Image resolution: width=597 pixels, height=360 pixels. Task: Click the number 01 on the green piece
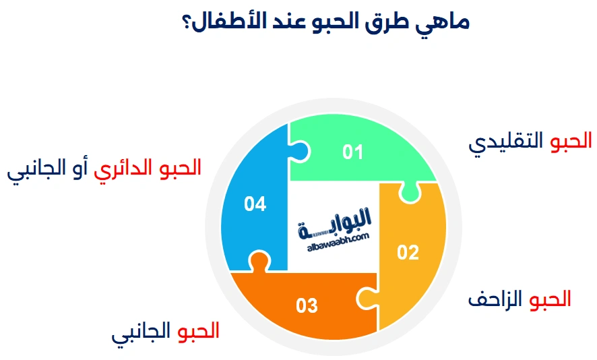352,152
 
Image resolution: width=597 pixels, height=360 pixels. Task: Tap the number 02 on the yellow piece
408,253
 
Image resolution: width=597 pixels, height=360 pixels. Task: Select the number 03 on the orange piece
307,306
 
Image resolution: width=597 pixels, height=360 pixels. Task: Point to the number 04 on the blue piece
255,204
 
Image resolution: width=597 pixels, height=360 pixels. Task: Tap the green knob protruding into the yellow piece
408,193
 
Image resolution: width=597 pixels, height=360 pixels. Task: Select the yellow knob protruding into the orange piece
365,297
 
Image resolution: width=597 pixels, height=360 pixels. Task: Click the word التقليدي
507,142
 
